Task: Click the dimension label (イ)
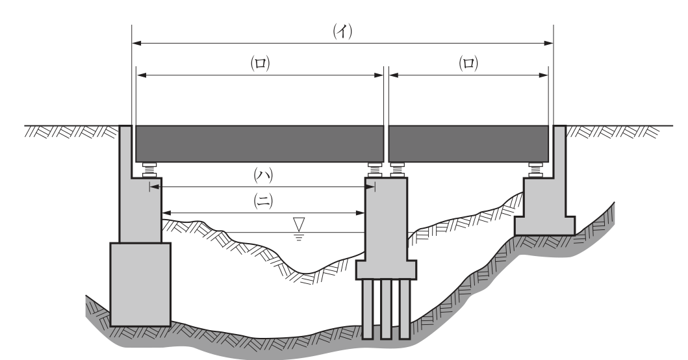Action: click(342, 31)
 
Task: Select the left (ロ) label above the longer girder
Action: click(261, 63)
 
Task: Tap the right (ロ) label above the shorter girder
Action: click(468, 63)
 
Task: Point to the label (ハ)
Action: click(263, 175)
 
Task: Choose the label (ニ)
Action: click(263, 201)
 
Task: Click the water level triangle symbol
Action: click(299, 224)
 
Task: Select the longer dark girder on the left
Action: click(260, 144)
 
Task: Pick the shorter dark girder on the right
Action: click(468, 144)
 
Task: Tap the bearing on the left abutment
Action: click(150, 170)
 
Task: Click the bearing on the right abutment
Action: click(535, 170)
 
